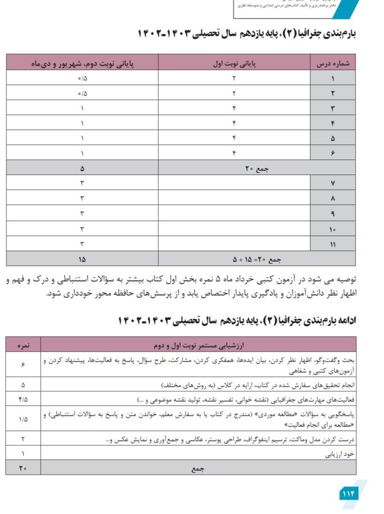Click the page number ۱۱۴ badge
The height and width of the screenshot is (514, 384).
click(349, 494)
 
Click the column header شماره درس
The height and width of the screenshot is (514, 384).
click(333, 63)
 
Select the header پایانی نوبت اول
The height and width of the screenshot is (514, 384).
click(234, 63)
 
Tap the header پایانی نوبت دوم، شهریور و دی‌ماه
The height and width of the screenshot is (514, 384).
click(82, 63)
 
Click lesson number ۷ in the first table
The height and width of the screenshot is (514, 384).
click(333, 183)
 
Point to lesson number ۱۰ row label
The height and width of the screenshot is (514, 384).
click(333, 229)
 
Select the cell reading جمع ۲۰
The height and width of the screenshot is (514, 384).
click(257, 169)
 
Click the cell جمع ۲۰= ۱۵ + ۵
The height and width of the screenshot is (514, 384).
click(257, 260)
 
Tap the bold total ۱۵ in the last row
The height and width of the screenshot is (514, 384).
click(82, 260)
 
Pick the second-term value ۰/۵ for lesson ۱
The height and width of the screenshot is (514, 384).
click(82, 79)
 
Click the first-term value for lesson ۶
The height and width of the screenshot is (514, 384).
click(234, 153)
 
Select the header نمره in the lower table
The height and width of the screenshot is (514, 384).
click(23, 345)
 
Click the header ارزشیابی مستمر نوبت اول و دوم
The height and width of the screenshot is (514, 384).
click(198, 345)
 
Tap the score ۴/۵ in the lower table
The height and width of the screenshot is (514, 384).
click(23, 400)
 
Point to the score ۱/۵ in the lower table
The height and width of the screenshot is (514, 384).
click(23, 419)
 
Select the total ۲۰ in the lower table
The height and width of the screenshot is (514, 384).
click(23, 468)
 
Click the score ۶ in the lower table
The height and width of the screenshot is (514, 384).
click(23, 365)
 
